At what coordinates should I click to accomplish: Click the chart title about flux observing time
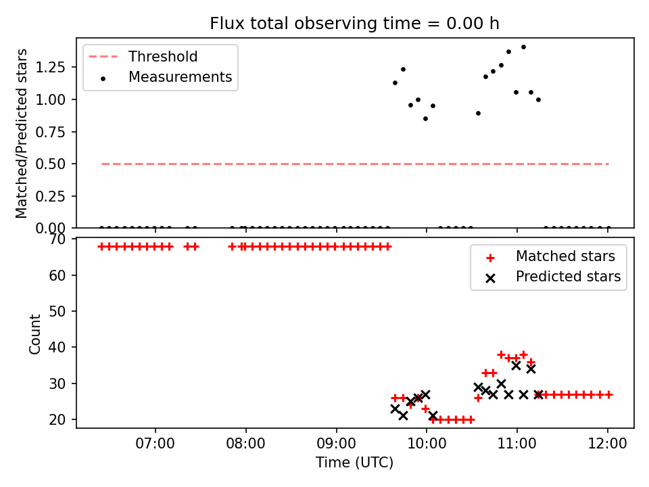click(354, 23)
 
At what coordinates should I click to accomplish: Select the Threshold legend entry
click(143, 56)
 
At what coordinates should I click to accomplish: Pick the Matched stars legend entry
click(550, 256)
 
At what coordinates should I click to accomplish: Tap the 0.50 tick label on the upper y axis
click(50, 164)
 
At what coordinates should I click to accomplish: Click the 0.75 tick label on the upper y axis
click(50, 132)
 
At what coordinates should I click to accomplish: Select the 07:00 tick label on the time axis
click(155, 444)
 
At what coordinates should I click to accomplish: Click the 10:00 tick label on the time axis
click(427, 444)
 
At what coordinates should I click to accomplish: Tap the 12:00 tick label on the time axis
click(607, 444)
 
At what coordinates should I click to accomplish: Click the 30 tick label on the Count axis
click(57, 384)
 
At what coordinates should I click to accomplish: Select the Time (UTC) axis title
click(354, 463)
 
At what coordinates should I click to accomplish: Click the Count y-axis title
click(34, 333)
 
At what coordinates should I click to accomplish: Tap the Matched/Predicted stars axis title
click(21, 133)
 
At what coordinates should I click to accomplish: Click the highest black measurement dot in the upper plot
click(523, 47)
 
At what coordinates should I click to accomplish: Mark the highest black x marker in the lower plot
click(516, 366)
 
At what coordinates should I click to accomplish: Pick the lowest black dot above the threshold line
click(425, 119)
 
